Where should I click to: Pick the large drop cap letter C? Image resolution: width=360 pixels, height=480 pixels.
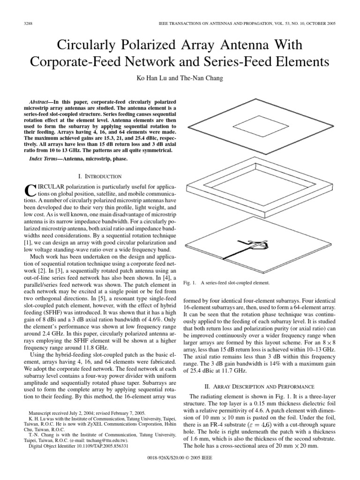click(x=29, y=190)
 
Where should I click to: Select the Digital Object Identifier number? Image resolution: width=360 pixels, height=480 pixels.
click(x=101, y=447)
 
